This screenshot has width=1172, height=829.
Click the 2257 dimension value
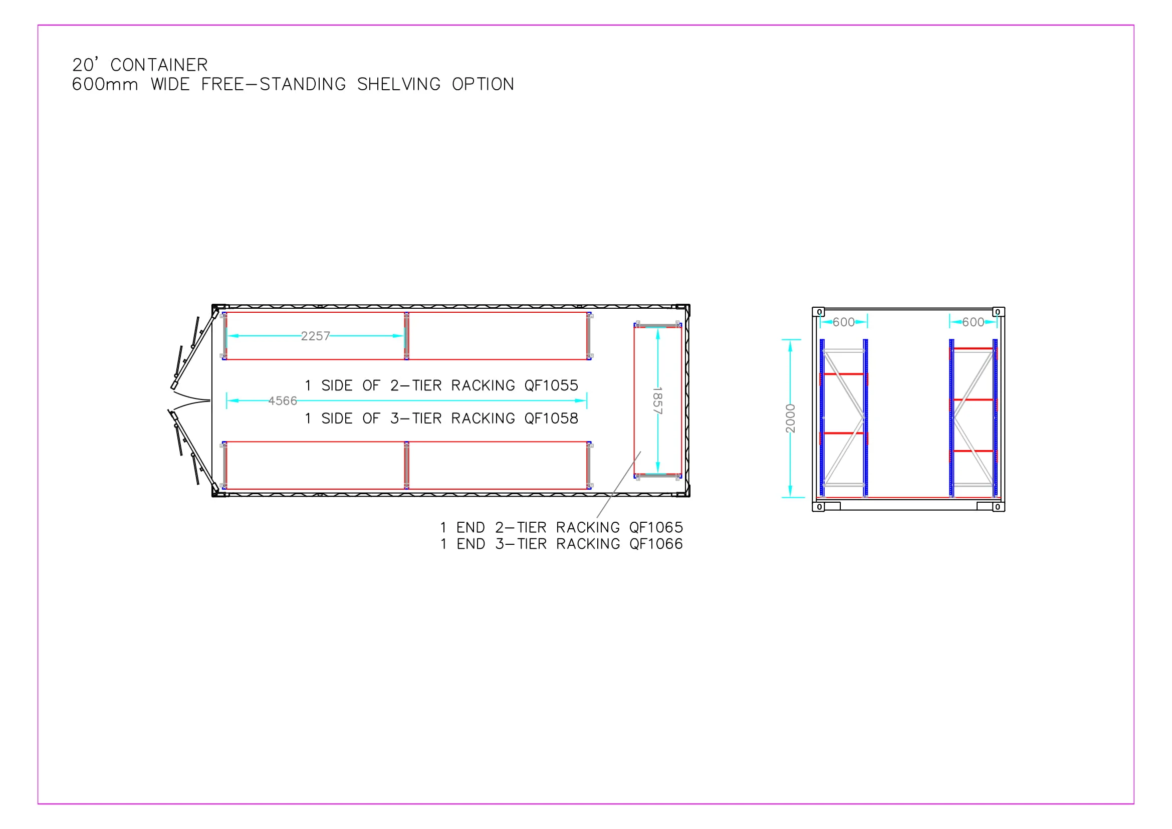315,336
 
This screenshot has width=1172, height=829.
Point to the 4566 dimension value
282,401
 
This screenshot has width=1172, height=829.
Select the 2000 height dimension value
790,418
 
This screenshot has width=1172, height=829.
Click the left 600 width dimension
843,322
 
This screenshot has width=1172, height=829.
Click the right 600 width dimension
973,322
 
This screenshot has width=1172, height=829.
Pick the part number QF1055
551,385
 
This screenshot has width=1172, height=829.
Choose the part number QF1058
551,419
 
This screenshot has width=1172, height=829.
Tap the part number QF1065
656,527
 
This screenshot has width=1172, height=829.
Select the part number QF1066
656,544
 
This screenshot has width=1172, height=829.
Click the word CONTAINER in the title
159,65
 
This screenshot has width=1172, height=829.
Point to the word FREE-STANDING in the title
273,84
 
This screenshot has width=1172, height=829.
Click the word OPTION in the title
483,84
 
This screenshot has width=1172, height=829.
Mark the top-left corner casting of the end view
818,312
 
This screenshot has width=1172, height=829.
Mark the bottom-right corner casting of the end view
999,507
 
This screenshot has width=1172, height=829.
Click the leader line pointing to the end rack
619,485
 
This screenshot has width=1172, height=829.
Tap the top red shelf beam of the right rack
973,349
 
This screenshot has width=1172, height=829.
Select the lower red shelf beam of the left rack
843,434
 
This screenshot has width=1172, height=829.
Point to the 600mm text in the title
105,84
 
